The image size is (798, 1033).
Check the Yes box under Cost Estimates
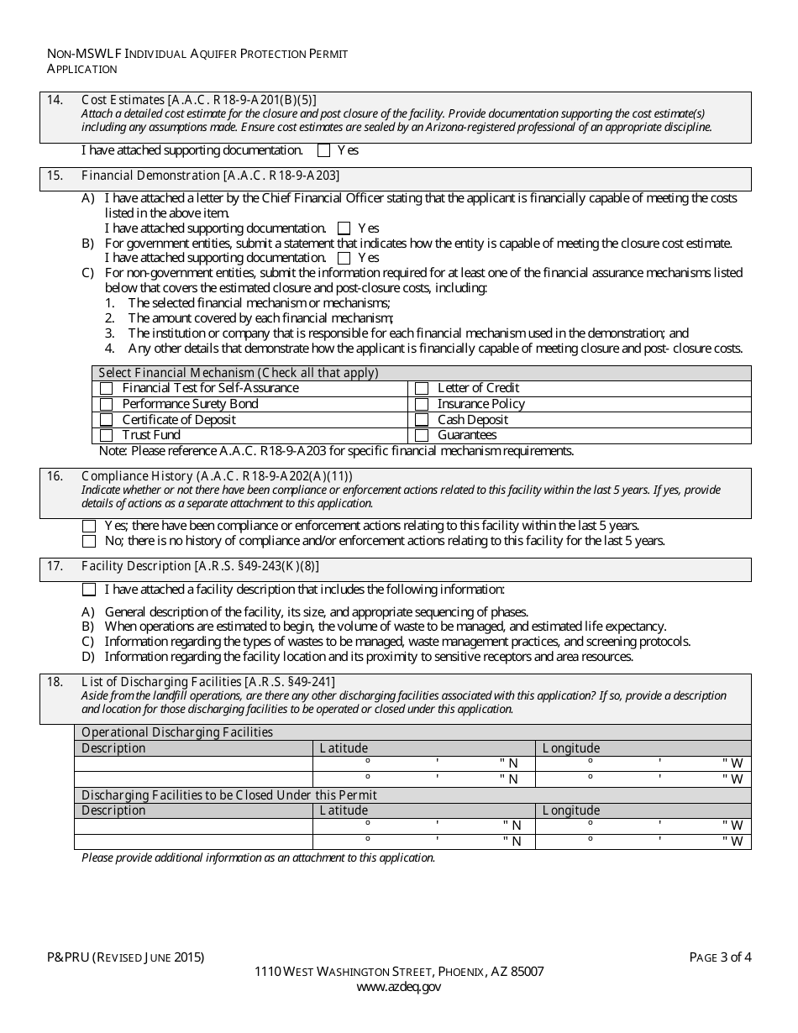pyautogui.click(x=323, y=151)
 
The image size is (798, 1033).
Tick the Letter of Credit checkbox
pyautogui.click(x=422, y=388)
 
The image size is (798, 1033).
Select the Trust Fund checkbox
pyautogui.click(x=106, y=436)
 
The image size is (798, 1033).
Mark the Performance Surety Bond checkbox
pyautogui.click(x=106, y=404)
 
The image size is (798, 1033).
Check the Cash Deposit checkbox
pyautogui.click(x=422, y=420)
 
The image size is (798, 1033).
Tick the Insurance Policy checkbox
pyautogui.click(x=422, y=404)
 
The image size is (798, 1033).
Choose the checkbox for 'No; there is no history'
pyautogui.click(x=89, y=542)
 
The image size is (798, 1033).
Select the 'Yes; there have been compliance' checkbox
pyautogui.click(x=89, y=526)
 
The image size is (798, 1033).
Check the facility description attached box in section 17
pyautogui.click(x=89, y=590)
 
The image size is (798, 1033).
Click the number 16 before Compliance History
pyautogui.click(x=55, y=476)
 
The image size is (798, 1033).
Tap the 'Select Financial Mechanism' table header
pyautogui.click(x=239, y=373)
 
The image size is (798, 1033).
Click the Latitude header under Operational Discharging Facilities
pyautogui.click(x=344, y=748)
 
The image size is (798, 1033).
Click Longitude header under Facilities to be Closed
pyautogui.click(x=571, y=810)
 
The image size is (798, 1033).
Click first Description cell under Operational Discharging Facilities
pyautogui.click(x=193, y=763)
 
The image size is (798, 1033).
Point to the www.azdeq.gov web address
pyautogui.click(x=398, y=988)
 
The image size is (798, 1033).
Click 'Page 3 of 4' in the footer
pyautogui.click(x=720, y=957)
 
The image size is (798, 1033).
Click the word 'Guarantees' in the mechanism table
pyautogui.click(x=467, y=436)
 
